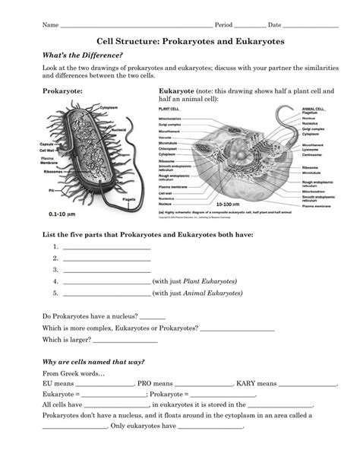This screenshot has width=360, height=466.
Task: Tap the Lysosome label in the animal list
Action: coord(312,150)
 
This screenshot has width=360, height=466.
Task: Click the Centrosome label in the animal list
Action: coord(314,155)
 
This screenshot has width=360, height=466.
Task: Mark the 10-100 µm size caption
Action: coord(228,205)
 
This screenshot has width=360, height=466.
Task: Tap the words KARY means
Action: coord(257,384)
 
